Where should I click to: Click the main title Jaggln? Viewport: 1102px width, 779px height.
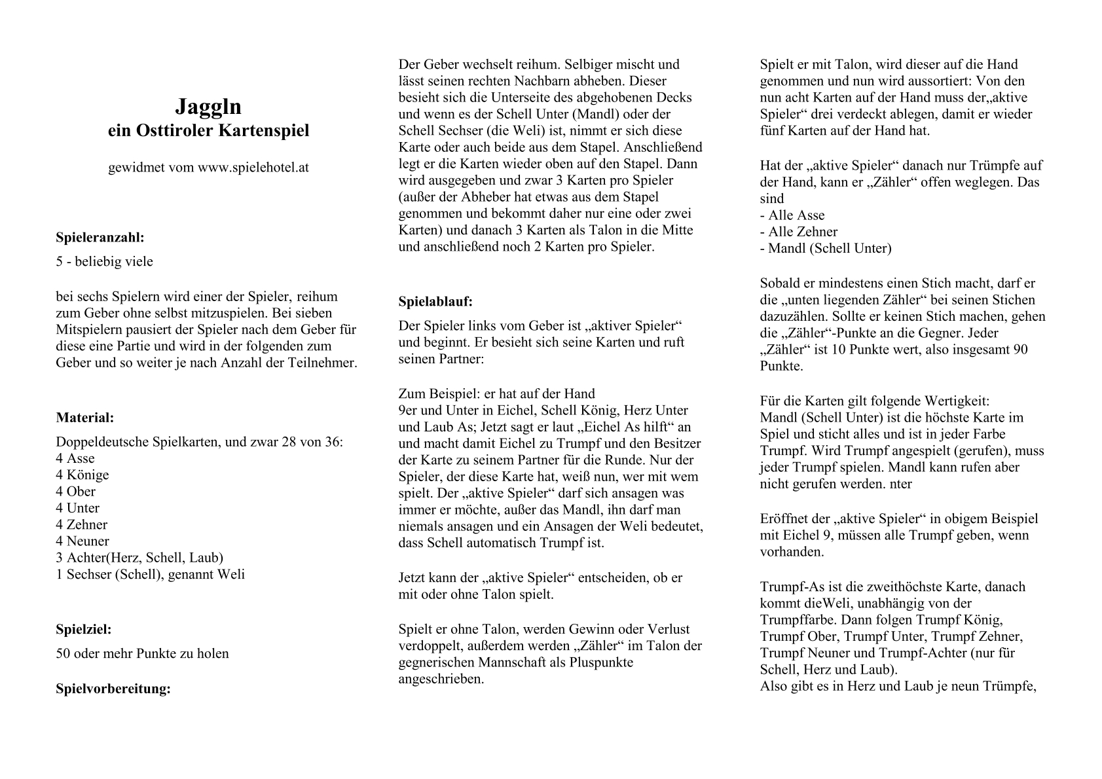pos(208,107)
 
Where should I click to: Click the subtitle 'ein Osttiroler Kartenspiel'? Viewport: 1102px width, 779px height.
pos(208,131)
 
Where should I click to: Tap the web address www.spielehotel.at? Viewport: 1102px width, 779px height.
pos(253,168)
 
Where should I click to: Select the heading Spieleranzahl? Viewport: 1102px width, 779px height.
pos(100,237)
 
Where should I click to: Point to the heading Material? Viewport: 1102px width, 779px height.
pos(85,418)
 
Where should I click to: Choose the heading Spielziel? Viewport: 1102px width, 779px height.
pos(84,630)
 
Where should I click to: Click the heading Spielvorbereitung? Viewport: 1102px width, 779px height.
pos(113,689)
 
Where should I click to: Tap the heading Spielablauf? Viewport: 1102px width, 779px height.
pos(435,302)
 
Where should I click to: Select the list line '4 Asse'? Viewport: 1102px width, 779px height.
pos(75,458)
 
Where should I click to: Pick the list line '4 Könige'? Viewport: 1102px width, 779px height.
pos(83,475)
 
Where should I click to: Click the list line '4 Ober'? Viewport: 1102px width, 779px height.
pos(76,492)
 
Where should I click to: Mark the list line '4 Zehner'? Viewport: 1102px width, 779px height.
pos(82,524)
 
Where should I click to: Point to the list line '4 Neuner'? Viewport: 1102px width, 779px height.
pos(83,541)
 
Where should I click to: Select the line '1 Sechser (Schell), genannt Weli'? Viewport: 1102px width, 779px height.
pos(151,574)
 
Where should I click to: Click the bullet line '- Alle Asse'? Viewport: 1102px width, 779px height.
pos(792,215)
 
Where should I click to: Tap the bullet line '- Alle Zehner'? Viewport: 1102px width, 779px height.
pos(799,232)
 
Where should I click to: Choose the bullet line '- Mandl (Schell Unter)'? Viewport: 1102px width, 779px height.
pos(826,248)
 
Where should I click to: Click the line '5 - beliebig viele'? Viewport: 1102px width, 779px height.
pos(105,262)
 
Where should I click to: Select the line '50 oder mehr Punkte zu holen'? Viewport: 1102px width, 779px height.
pos(143,653)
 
